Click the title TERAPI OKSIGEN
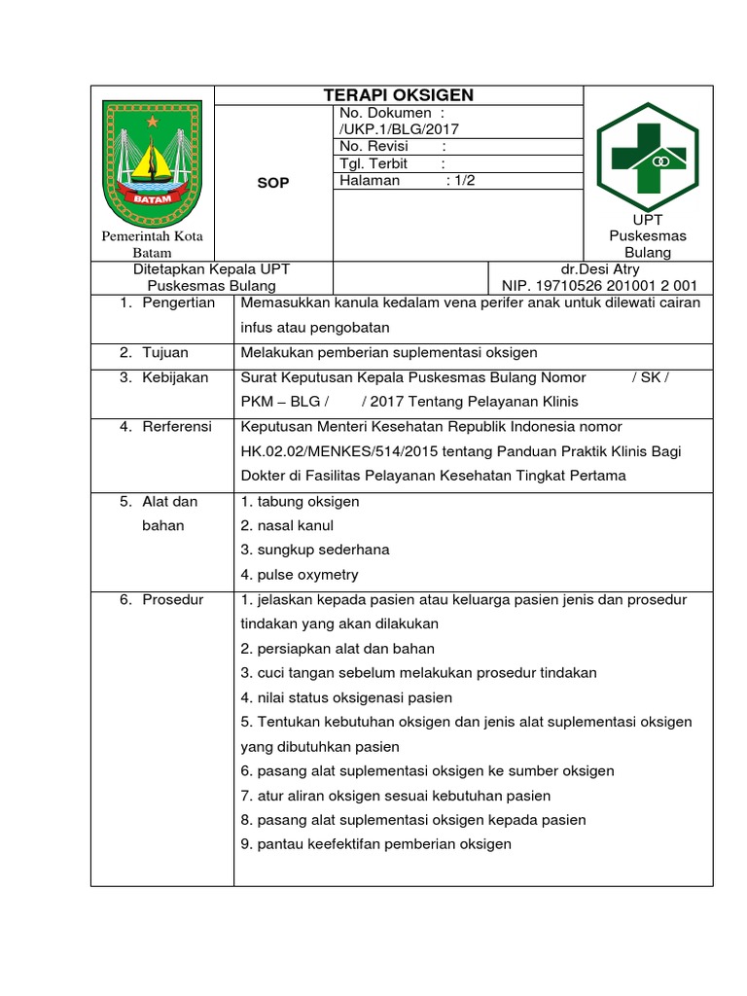(x=398, y=94)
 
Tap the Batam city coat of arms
(x=152, y=161)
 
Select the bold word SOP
(x=272, y=182)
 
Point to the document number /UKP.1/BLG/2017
(x=399, y=128)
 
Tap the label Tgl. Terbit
(x=373, y=163)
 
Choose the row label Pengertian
(x=178, y=302)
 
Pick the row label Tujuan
(x=165, y=352)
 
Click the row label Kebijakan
(x=175, y=377)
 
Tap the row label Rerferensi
(x=177, y=427)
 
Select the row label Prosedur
(x=172, y=599)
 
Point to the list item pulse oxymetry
(x=300, y=574)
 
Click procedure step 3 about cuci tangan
(x=418, y=673)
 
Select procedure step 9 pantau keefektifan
(x=375, y=844)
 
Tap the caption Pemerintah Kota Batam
(x=152, y=244)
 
